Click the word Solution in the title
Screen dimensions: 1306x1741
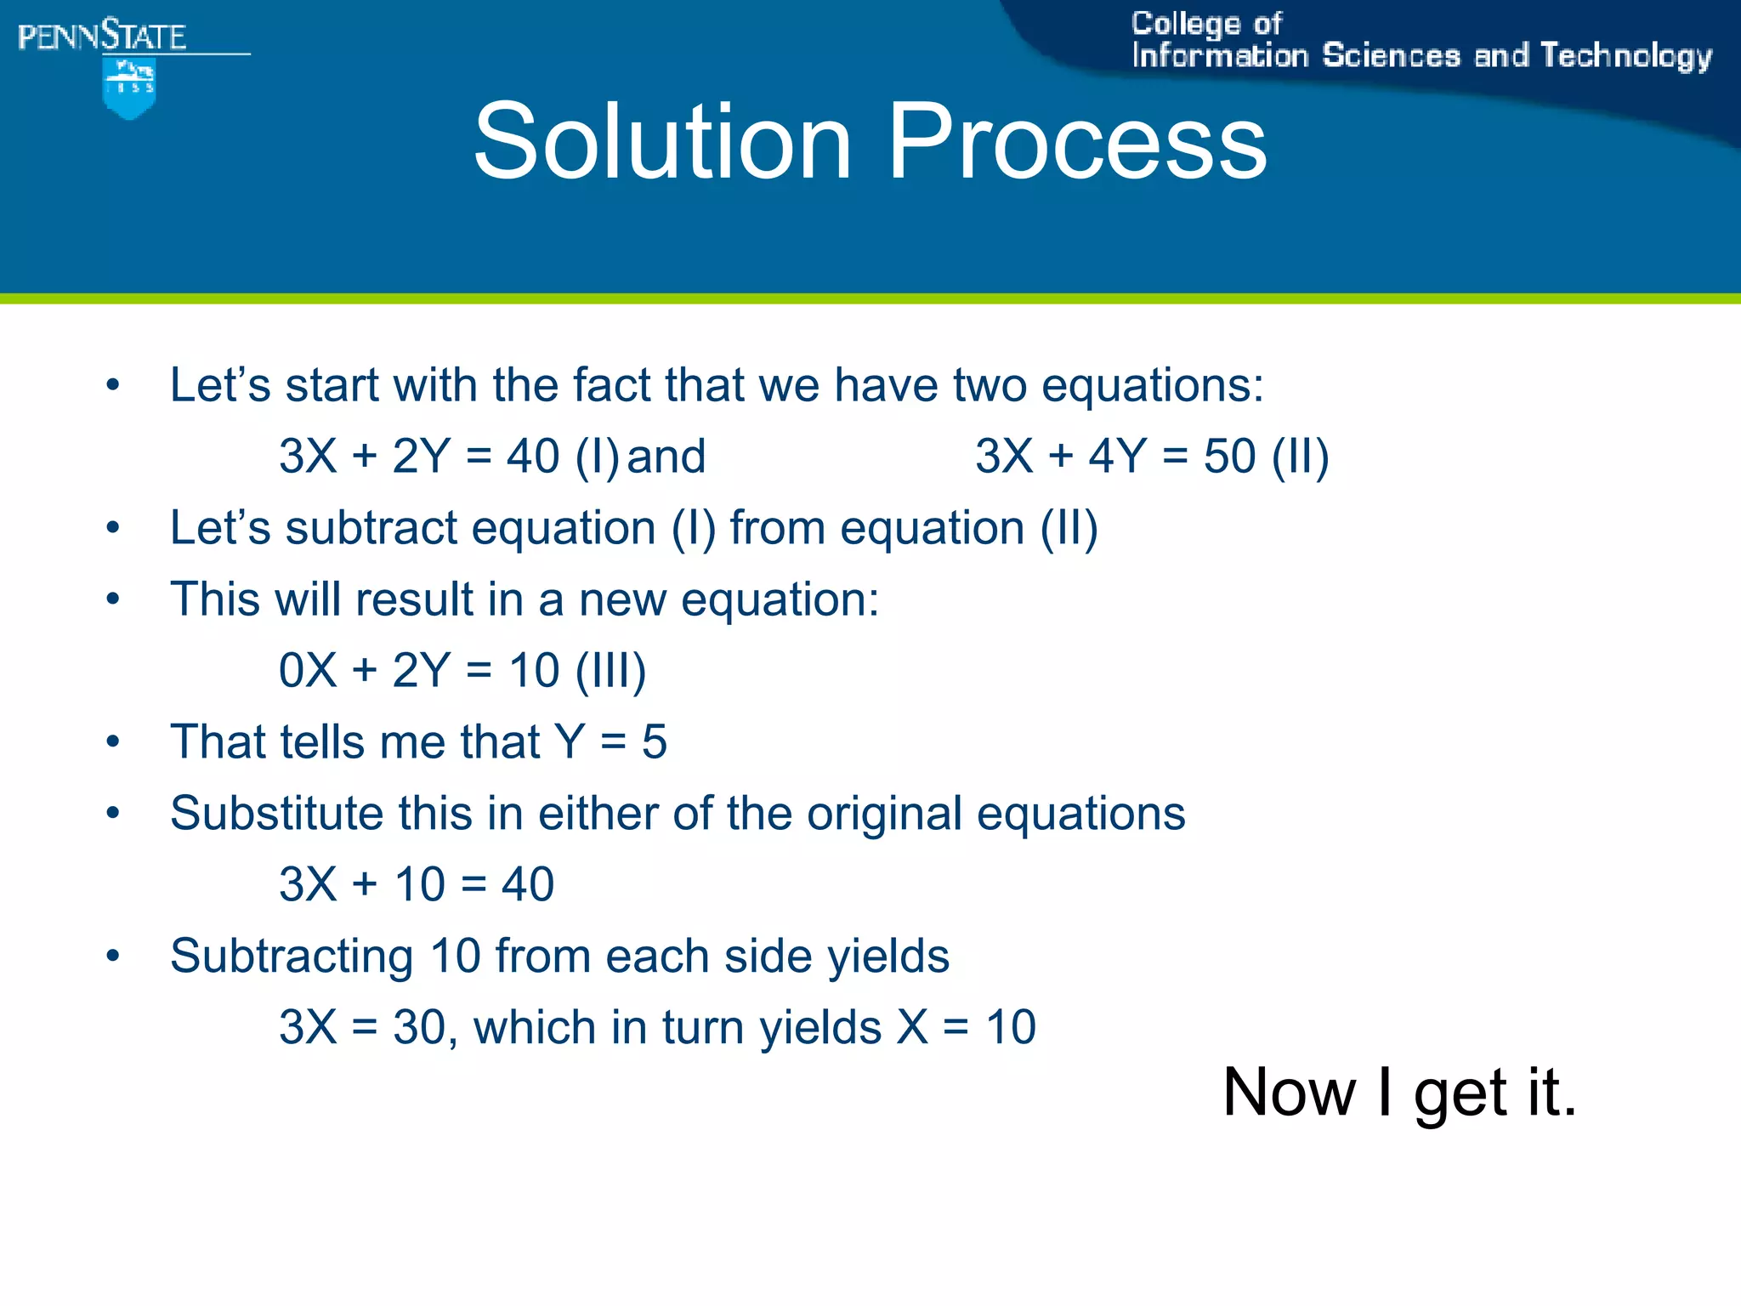click(662, 141)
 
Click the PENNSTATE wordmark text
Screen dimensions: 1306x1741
click(102, 37)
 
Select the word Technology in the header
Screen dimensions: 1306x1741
click(1625, 56)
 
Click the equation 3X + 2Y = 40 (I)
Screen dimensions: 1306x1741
click(449, 457)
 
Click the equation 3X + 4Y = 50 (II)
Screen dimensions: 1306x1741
click(1152, 457)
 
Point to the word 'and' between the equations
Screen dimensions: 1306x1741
click(666, 457)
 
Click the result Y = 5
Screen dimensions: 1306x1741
click(610, 742)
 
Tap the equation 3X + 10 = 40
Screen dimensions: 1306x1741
click(417, 885)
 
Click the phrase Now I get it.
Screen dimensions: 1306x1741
click(1399, 1093)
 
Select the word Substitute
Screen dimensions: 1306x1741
click(276, 814)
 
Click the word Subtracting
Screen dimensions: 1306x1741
click(292, 957)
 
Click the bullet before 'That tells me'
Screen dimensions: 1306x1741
click(113, 743)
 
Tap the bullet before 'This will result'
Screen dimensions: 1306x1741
click(113, 600)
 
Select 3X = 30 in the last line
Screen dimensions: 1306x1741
click(363, 1028)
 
